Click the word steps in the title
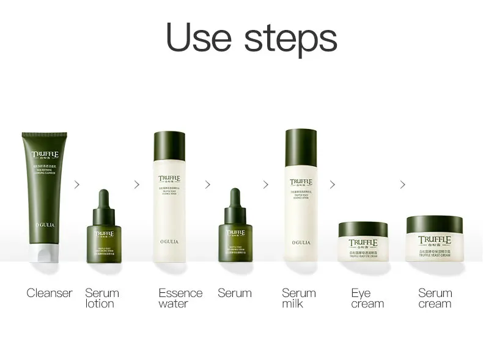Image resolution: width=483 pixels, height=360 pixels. click(290, 39)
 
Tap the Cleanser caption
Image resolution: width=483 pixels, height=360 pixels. click(50, 293)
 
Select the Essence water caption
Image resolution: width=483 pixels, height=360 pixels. click(180, 298)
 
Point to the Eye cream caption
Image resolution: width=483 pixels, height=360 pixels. click(367, 298)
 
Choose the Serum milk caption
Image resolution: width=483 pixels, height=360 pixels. click(299, 298)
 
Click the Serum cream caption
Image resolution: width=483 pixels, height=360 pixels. click(435, 298)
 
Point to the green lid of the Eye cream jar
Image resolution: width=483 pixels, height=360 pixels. click(363, 229)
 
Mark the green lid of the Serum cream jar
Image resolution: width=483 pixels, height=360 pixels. click(434, 224)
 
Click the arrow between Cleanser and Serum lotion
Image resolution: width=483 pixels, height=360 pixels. click(76, 185)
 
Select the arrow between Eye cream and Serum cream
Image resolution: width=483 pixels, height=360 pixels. click(402, 185)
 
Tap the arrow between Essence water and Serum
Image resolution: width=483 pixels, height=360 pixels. click(207, 185)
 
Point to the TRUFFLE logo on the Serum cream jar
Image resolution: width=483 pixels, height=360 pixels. click(434, 241)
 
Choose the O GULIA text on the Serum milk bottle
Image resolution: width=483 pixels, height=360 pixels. click(300, 242)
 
